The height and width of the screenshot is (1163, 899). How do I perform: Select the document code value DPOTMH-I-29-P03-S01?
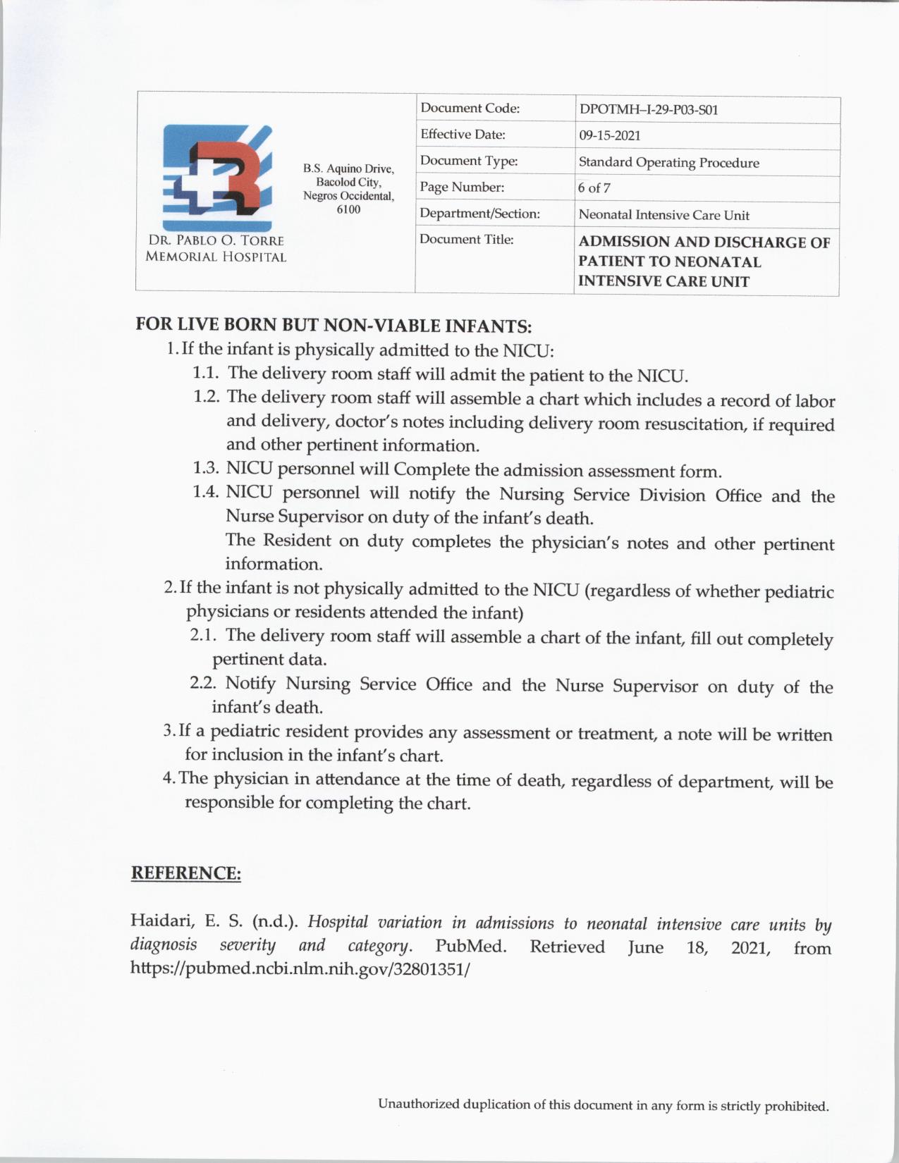click(x=648, y=110)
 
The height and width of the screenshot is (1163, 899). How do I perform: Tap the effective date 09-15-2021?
click(x=609, y=135)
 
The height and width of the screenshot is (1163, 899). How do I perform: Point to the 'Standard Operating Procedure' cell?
click(x=668, y=163)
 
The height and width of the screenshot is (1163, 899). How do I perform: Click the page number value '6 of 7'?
click(x=594, y=188)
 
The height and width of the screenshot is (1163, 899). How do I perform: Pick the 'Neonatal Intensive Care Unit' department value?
click(x=663, y=215)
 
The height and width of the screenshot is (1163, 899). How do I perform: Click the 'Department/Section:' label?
click(x=479, y=213)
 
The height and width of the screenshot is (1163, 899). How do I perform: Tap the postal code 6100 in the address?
click(x=348, y=209)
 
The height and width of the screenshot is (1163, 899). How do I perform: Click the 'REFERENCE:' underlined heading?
click(x=186, y=873)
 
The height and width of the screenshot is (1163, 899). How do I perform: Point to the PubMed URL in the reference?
click(x=300, y=968)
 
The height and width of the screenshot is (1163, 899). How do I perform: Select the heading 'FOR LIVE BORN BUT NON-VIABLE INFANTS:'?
click(x=333, y=326)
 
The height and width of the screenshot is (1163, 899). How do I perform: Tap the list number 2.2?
click(x=203, y=683)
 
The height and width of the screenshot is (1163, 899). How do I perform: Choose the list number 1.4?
click(x=206, y=492)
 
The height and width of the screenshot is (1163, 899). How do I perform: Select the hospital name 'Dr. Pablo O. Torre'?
click(x=216, y=240)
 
